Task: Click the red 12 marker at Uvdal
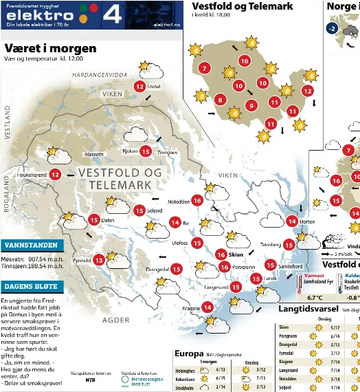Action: point(139,87)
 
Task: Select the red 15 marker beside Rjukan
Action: point(146,151)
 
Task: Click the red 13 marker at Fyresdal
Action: point(99,260)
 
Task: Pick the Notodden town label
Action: point(179,202)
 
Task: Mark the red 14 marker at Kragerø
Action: point(207,307)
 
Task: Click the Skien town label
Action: point(236,255)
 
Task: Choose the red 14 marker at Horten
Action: point(292,221)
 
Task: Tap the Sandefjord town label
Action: point(290,265)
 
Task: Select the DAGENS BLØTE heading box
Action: point(33,287)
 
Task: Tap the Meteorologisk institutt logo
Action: point(143,376)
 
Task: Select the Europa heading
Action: point(189,354)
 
